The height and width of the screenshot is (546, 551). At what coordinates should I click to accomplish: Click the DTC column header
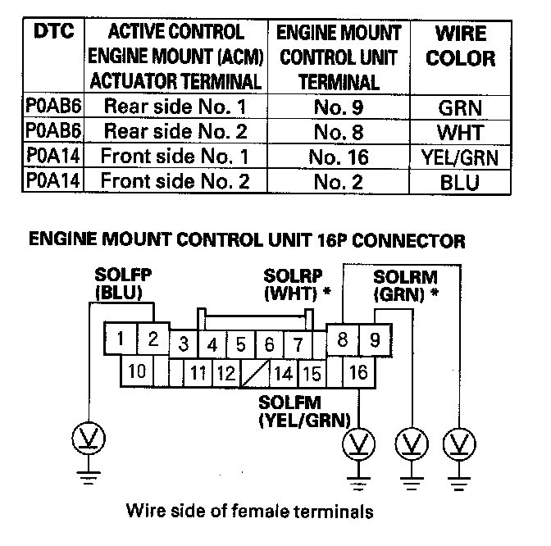[55, 32]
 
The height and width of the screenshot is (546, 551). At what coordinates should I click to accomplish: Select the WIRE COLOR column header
[461, 47]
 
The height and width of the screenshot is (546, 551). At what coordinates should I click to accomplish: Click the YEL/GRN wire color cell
[461, 157]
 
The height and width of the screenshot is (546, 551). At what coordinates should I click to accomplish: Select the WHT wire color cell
[461, 132]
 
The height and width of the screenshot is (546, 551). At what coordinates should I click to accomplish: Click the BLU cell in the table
[461, 181]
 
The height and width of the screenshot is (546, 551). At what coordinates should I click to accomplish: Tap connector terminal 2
[152, 337]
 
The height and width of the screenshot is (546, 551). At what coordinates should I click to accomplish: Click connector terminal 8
[343, 339]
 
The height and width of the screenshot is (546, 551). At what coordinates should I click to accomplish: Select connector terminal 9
[375, 339]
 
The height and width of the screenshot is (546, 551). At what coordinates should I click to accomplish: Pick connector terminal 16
[357, 373]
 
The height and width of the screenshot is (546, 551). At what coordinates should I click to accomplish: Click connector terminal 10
[138, 371]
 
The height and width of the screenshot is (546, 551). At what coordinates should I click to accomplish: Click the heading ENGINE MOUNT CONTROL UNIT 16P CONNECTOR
[247, 241]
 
